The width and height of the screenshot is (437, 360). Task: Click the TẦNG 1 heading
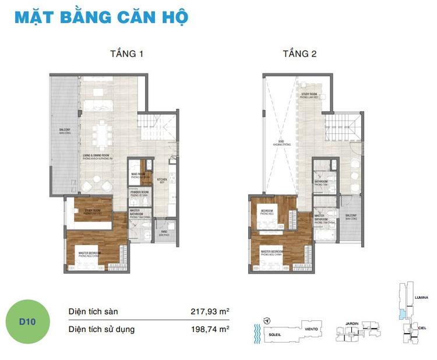click(x=126, y=54)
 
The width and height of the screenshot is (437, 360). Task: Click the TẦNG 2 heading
click(x=299, y=54)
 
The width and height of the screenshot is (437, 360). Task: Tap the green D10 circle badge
click(x=28, y=320)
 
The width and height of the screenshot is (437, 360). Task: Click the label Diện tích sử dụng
click(x=101, y=329)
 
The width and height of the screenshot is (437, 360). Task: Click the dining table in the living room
click(x=104, y=133)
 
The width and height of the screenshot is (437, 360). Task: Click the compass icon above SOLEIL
click(x=266, y=321)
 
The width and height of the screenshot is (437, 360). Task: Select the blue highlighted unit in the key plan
click(x=401, y=313)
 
